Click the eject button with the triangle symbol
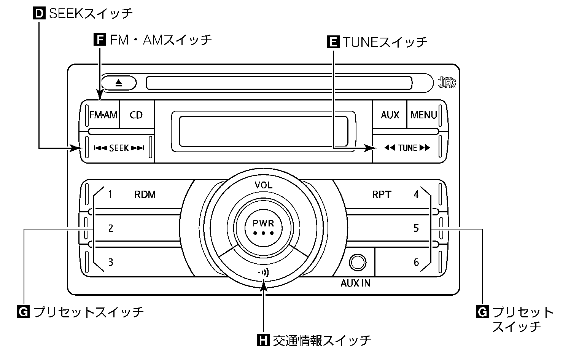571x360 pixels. tap(119, 83)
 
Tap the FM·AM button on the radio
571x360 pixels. tap(103, 115)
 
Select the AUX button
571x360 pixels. tap(390, 115)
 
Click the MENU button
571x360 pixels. tap(423, 115)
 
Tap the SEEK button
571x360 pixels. tap(119, 148)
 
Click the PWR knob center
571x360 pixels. tap(263, 227)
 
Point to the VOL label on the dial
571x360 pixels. tap(263, 185)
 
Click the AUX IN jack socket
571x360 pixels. tap(358, 262)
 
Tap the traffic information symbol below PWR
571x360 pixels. tap(263, 272)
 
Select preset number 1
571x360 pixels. tap(110, 195)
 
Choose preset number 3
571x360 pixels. tap(110, 262)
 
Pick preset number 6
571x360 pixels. tap(416, 262)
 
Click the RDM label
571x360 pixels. tap(145, 195)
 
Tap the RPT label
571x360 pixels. tap(381, 195)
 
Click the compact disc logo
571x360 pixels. tap(447, 82)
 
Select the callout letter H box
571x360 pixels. tap(263, 340)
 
